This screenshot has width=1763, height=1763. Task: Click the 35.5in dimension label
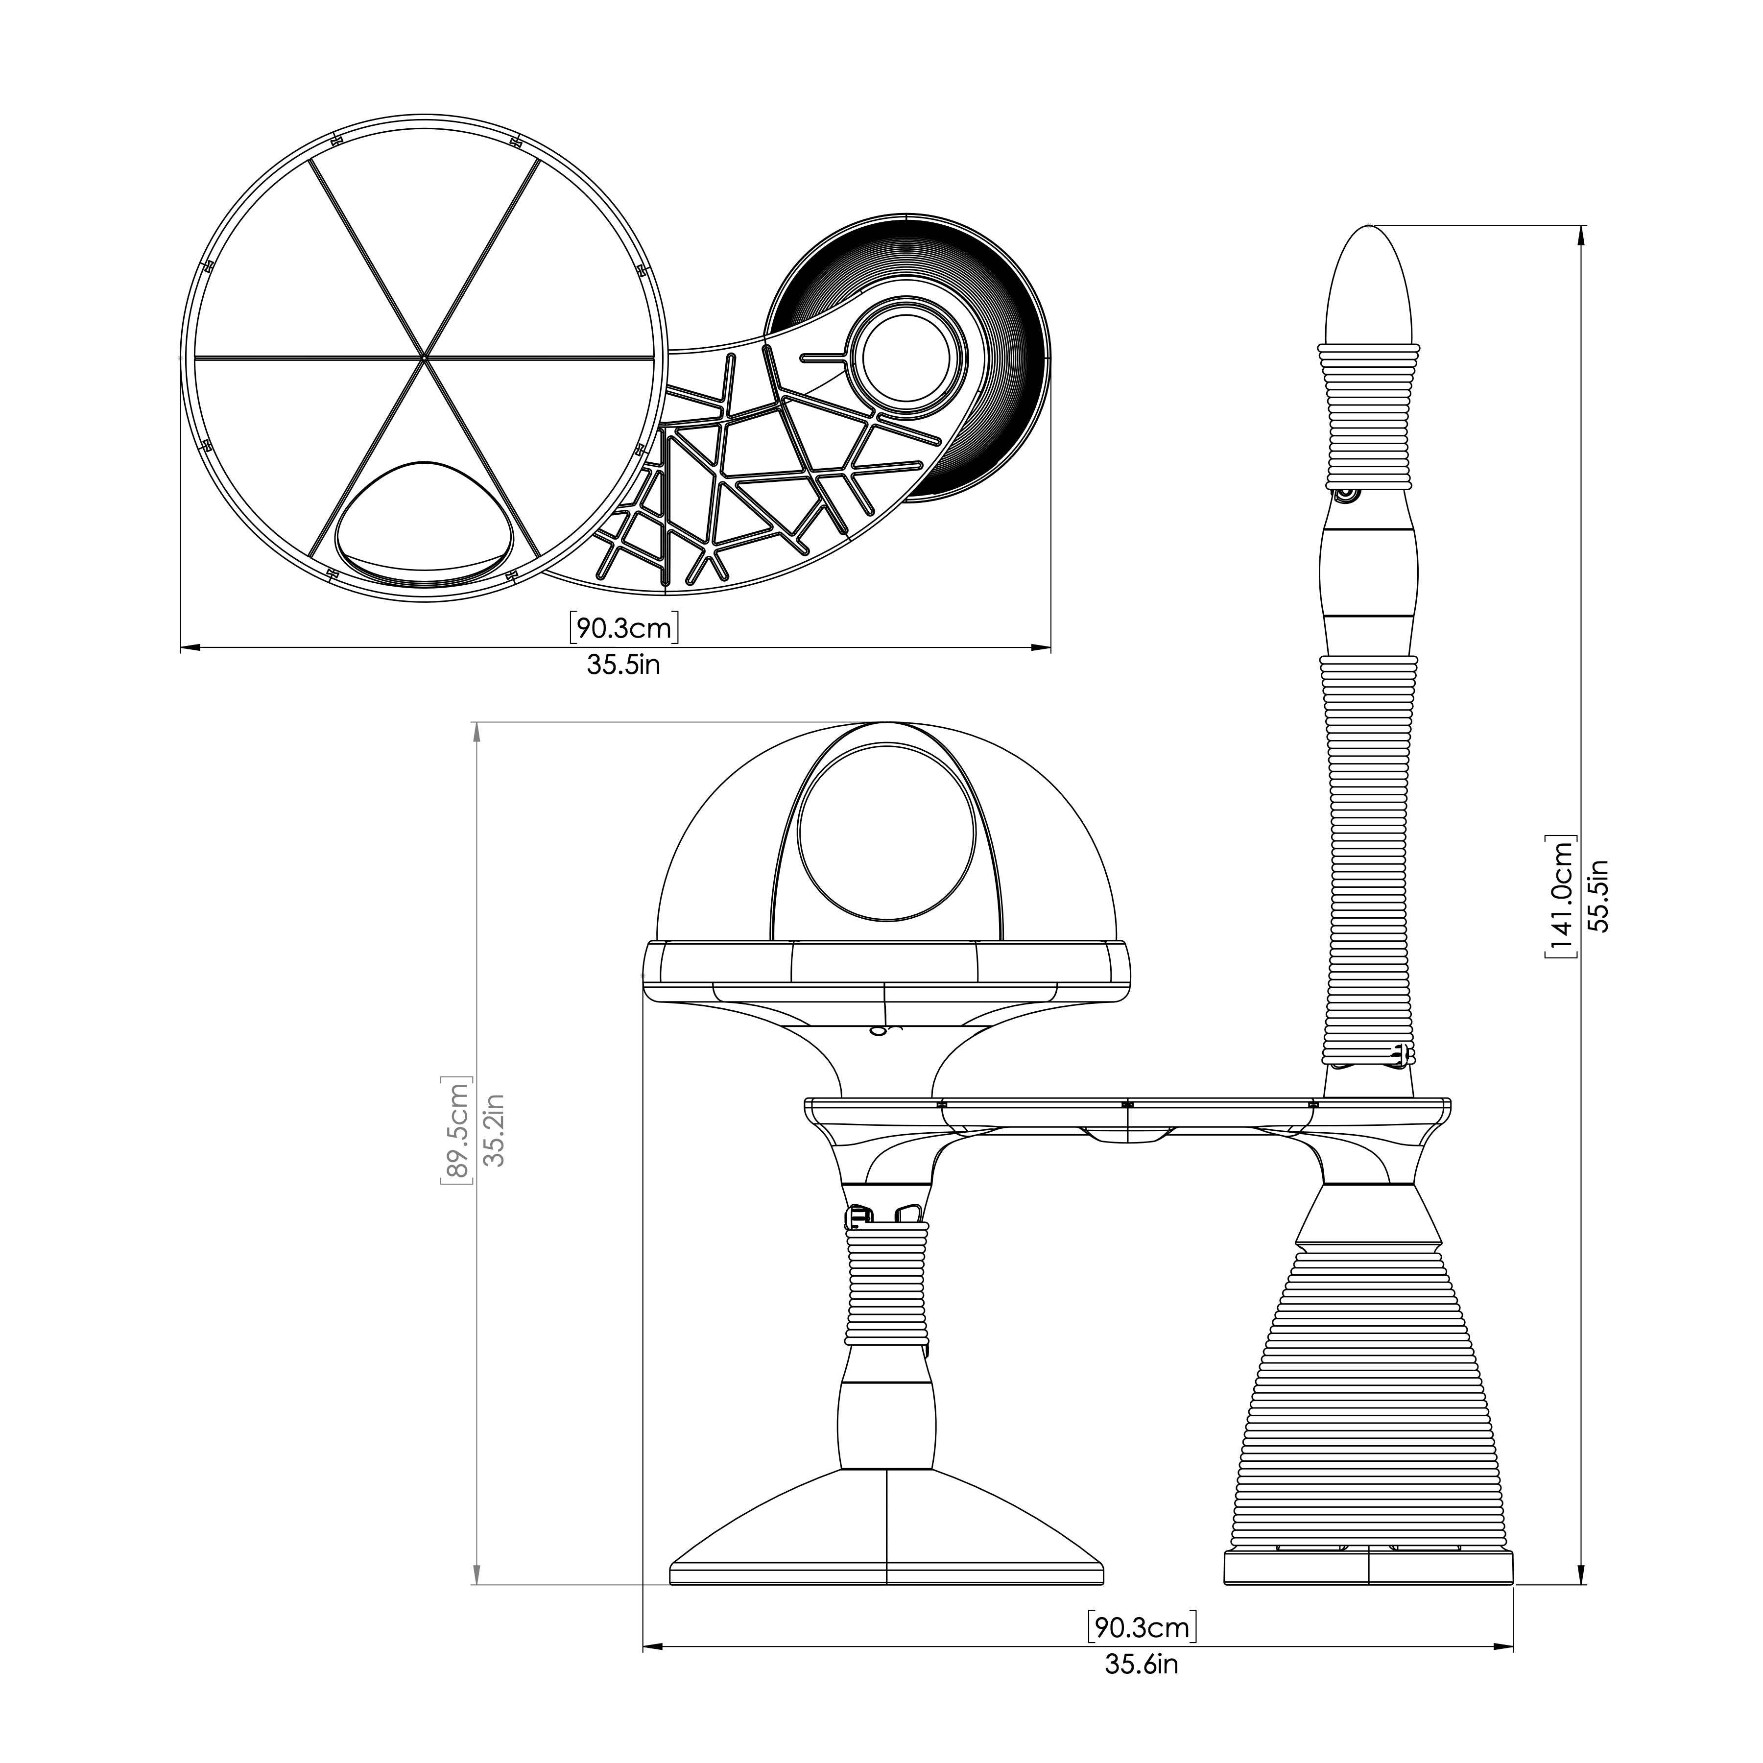click(623, 665)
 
